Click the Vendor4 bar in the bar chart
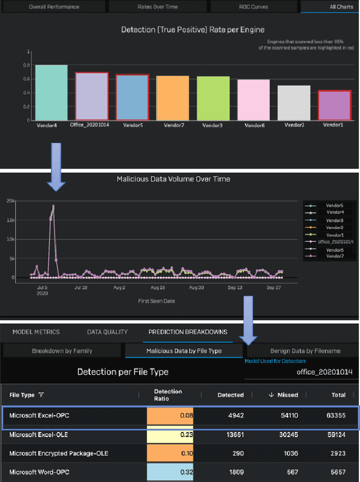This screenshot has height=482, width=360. coord(51,92)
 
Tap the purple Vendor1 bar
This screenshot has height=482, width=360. coord(335,105)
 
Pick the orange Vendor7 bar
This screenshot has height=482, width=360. coord(173,98)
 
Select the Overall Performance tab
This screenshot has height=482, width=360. coord(54,7)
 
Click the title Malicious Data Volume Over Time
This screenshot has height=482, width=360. coord(173,179)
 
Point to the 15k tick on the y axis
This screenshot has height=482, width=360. coord(10,220)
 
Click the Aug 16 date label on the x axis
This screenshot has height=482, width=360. coord(157,287)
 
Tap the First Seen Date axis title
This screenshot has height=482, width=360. coord(156,301)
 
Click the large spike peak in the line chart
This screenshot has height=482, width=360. coord(53,206)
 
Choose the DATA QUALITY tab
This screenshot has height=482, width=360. coord(107,332)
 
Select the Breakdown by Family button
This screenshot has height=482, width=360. coord(62,351)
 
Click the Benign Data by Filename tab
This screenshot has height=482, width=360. coord(305,351)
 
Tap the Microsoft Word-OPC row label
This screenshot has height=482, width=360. coord(35,472)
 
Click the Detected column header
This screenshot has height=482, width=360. coord(231,395)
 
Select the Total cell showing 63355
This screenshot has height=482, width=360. coord(334,416)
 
